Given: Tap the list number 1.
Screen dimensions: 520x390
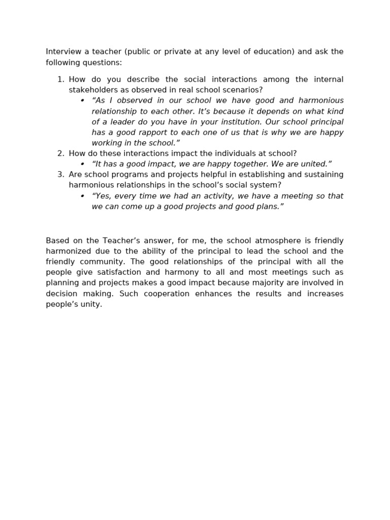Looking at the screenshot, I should coord(60,79).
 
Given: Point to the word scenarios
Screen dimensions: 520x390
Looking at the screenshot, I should coord(244,90).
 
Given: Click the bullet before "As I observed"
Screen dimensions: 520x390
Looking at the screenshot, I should coord(82,101).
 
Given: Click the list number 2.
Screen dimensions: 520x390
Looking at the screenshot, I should coord(60,153).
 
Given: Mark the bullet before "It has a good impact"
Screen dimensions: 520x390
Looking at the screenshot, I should coord(82,164).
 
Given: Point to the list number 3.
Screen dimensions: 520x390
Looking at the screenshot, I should coord(60,175).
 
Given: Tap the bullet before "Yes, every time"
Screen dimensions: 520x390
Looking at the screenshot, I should coord(82,196).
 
